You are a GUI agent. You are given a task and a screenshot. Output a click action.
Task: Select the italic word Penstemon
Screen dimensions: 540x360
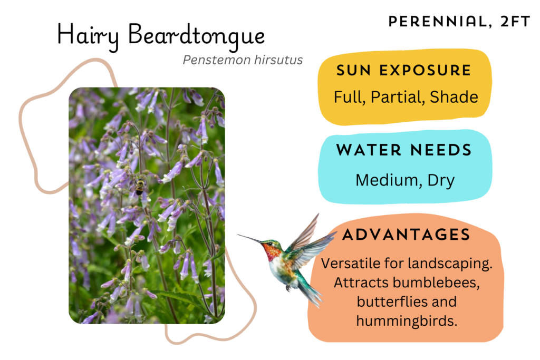pyautogui.click(x=216, y=60)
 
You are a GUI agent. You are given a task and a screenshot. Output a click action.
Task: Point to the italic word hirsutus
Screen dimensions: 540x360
pyautogui.click(x=278, y=60)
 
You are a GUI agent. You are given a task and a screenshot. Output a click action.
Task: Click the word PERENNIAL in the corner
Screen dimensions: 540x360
pyautogui.click(x=437, y=22)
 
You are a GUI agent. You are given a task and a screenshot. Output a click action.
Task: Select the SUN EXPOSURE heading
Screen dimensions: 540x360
pyautogui.click(x=403, y=70)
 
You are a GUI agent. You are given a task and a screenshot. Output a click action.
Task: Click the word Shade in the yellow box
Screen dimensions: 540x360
pyautogui.click(x=454, y=96)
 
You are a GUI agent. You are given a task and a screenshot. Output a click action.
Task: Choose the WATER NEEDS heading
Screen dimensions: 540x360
pyautogui.click(x=404, y=150)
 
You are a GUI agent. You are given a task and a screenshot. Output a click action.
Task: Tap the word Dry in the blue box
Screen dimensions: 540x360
pyautogui.click(x=441, y=181)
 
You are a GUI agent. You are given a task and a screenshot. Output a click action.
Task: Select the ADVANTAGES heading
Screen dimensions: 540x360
pyautogui.click(x=406, y=235)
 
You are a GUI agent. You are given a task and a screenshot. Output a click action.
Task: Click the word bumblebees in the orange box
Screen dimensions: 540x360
pyautogui.click(x=436, y=283)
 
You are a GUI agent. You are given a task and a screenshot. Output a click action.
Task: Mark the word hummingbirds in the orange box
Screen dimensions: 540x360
pyautogui.click(x=407, y=321)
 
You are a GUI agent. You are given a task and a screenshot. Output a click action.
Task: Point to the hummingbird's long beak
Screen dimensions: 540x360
pyautogui.click(x=250, y=238)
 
